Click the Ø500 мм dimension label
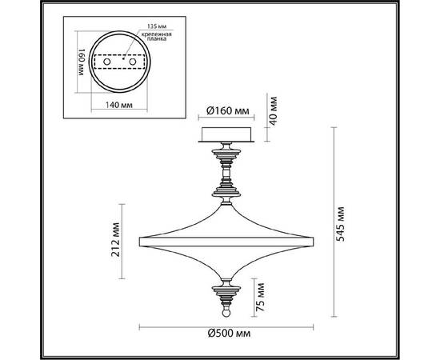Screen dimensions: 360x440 (x=226, y=333)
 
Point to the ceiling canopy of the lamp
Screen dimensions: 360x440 (x=226, y=134)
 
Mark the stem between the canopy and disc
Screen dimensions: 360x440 (x=226, y=168)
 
